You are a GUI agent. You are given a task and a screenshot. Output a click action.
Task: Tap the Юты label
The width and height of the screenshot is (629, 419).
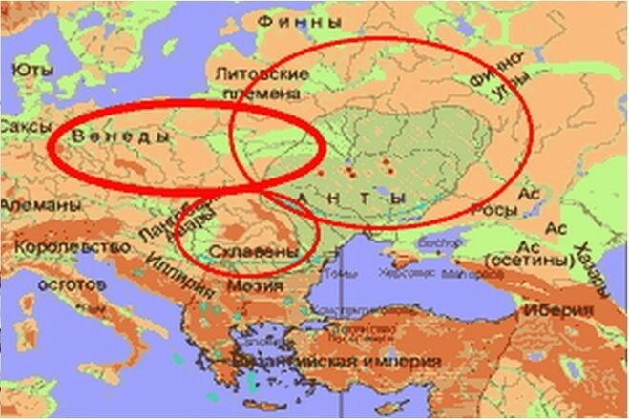tap(31, 70)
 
